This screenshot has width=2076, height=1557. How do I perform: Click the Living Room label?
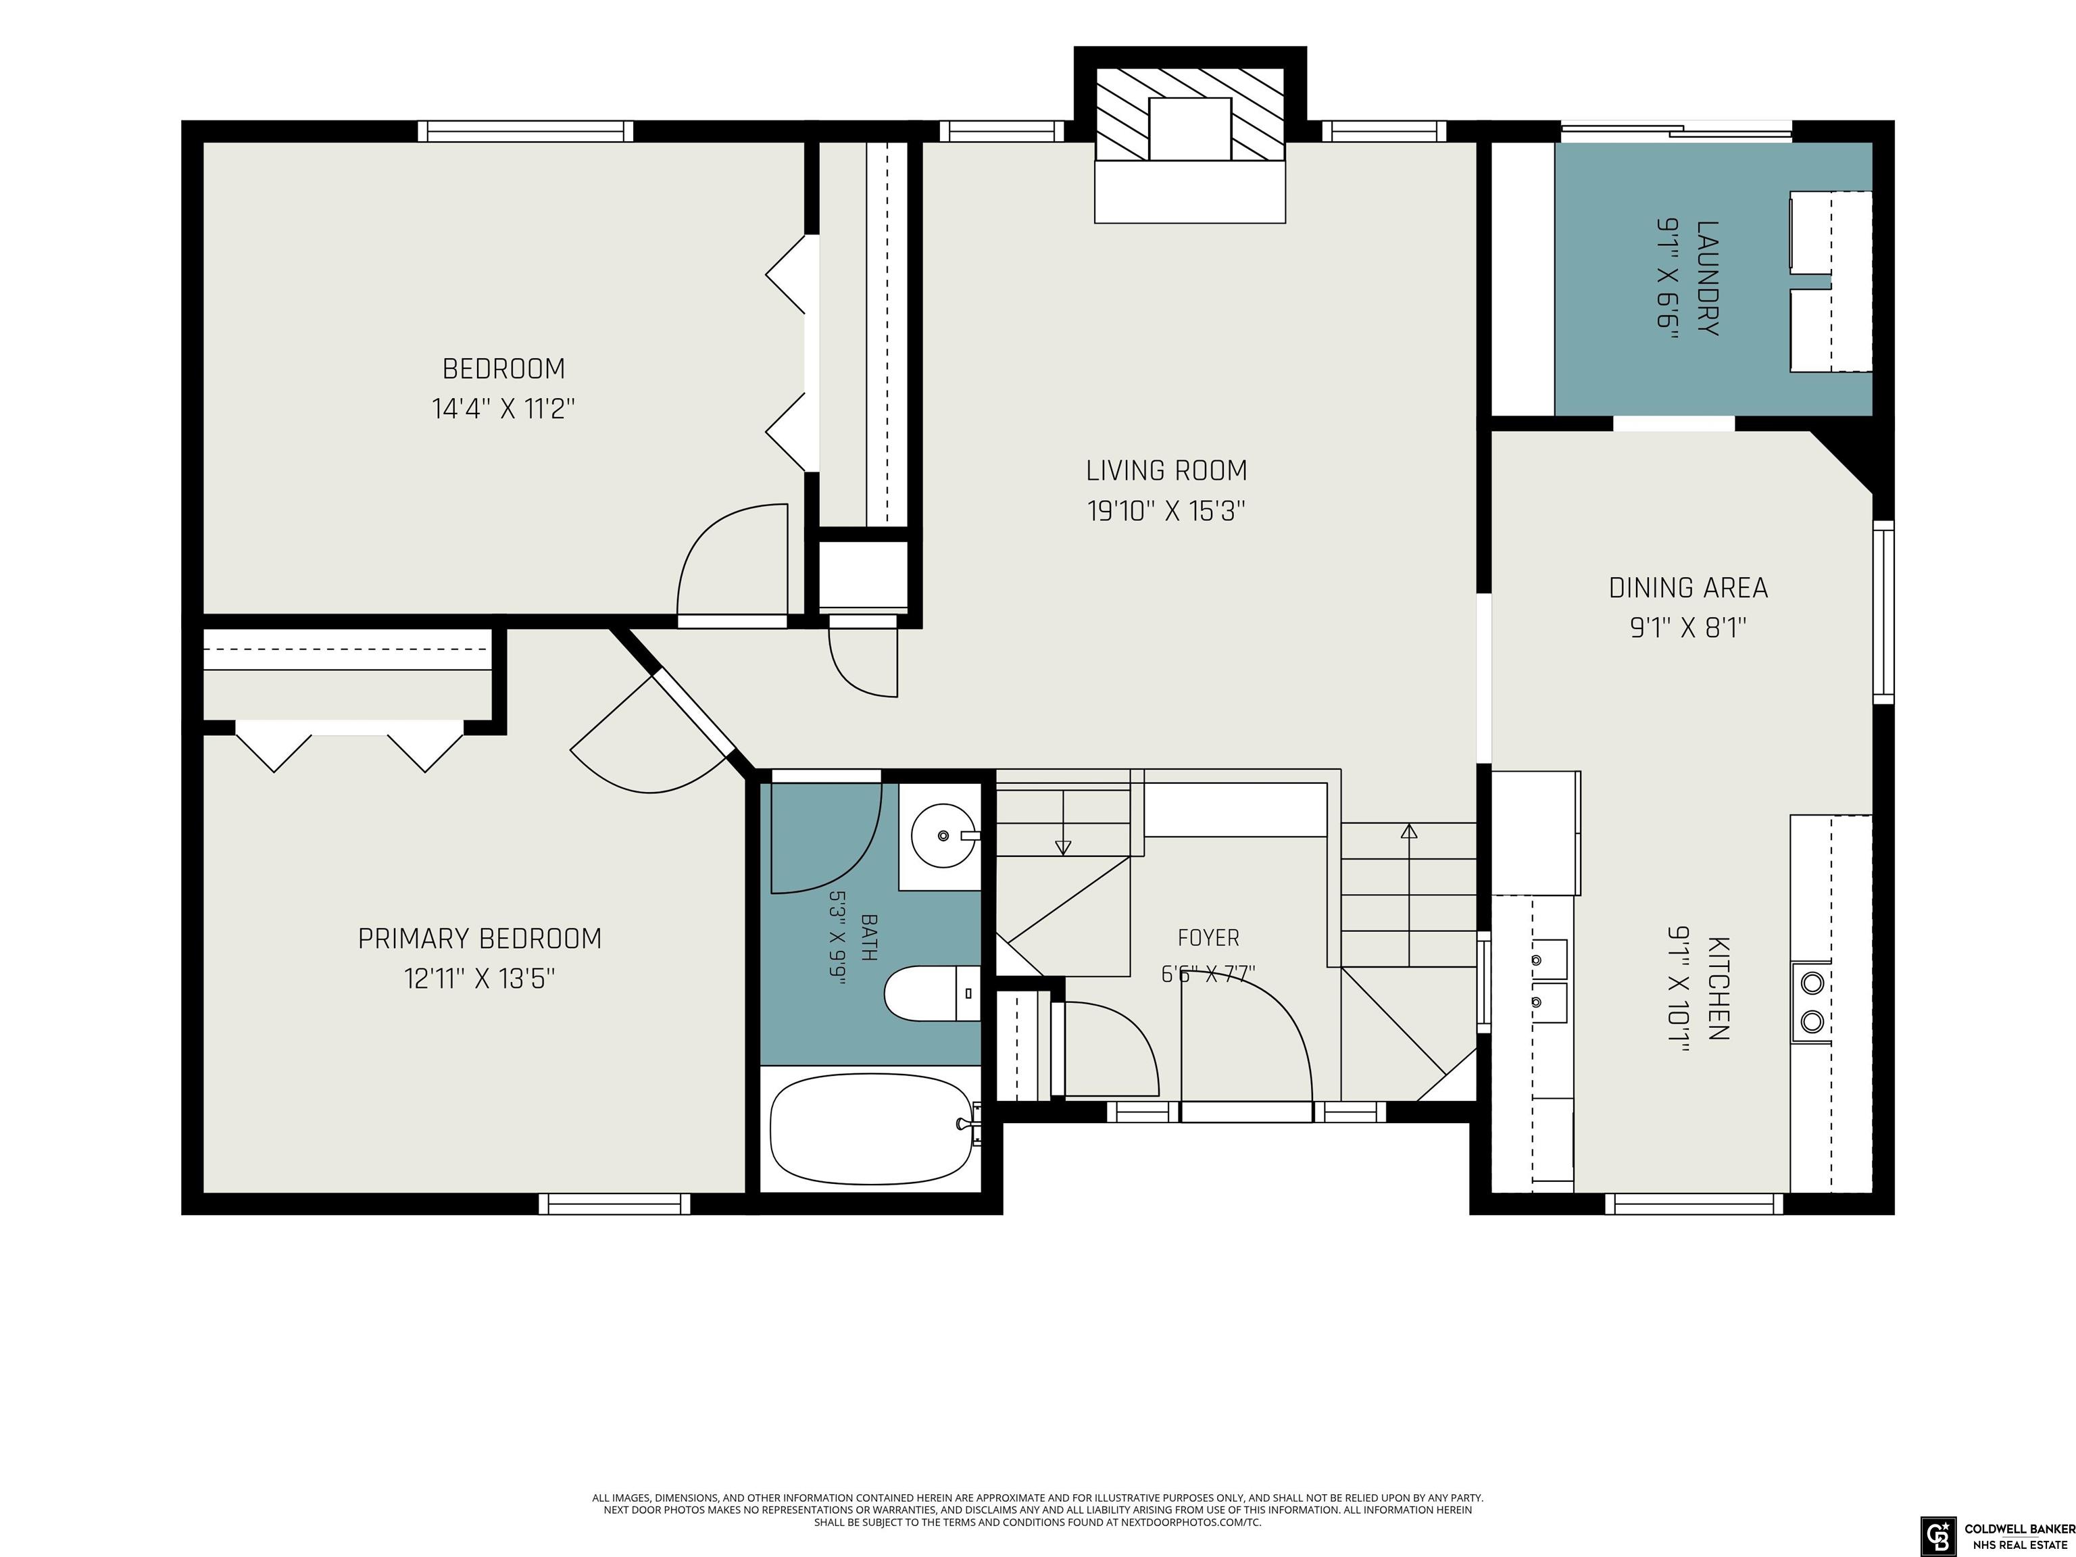tap(1166, 470)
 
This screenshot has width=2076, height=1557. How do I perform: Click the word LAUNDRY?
tap(1708, 278)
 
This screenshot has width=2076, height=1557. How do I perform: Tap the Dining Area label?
tap(1688, 587)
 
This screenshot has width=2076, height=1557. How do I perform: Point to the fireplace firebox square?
tap(1190, 128)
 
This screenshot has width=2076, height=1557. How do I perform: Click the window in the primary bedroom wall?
tap(615, 1203)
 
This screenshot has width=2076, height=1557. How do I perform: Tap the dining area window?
tap(1883, 612)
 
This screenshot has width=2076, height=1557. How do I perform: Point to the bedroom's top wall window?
tap(526, 131)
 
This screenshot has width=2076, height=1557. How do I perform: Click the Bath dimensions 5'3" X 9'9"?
tap(837, 937)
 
